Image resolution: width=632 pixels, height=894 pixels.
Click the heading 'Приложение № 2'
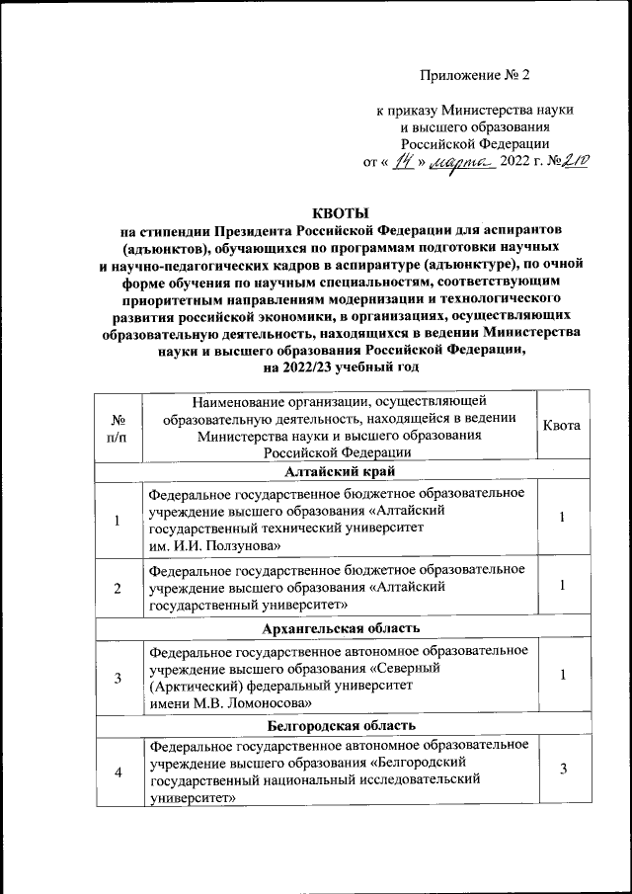tap(468, 76)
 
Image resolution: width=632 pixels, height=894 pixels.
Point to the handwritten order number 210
tap(573, 163)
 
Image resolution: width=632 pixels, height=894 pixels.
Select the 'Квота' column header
tap(562, 426)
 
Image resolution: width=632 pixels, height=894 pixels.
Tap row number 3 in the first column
tap(118, 677)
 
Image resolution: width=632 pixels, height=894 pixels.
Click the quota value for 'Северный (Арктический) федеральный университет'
tap(562, 675)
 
